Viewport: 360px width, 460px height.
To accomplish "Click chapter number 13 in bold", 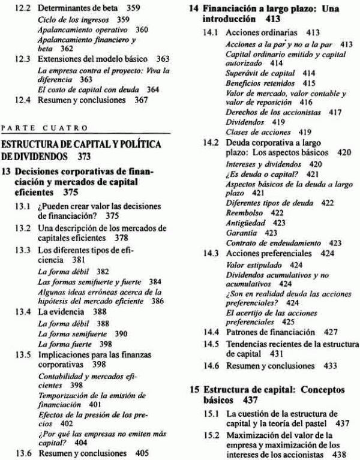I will click(8, 170).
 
